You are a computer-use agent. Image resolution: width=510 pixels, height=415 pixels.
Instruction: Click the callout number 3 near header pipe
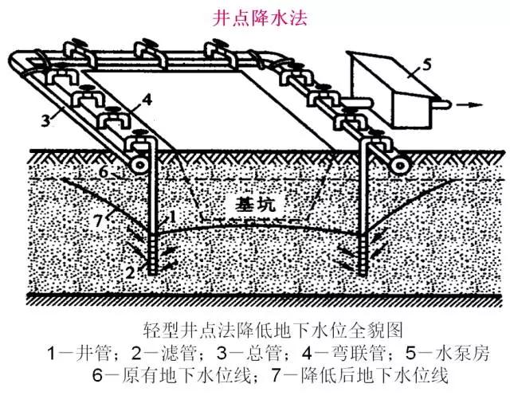click(49, 120)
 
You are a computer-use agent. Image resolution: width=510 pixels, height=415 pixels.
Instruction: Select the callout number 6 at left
click(102, 172)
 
